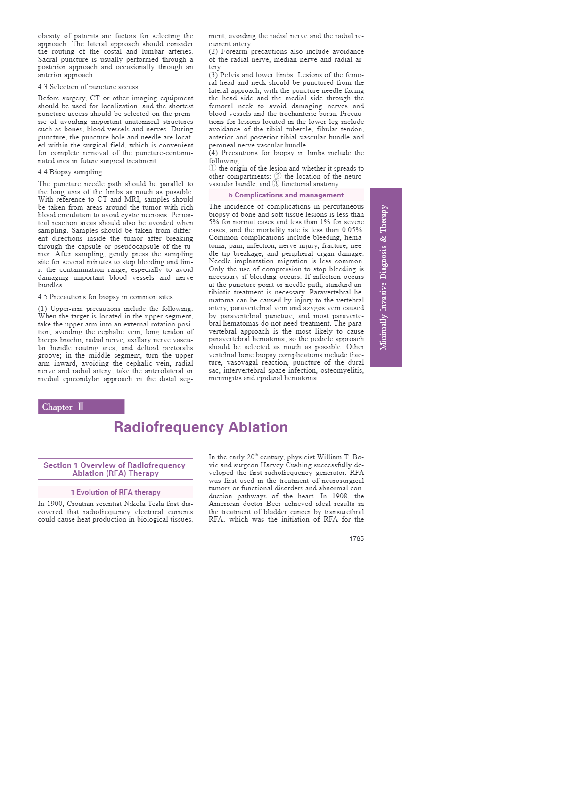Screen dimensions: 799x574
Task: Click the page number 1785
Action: [356, 538]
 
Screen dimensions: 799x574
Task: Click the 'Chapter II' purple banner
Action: [81, 407]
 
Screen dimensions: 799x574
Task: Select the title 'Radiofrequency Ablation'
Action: [201, 427]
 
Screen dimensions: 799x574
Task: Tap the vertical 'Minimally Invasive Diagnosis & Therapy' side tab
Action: [385, 277]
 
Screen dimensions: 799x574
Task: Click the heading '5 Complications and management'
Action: [286, 195]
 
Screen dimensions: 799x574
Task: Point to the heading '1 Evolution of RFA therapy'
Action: [115, 492]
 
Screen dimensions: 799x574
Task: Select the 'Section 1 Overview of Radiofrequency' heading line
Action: [115, 465]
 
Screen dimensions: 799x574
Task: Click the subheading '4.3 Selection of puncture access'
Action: [88, 87]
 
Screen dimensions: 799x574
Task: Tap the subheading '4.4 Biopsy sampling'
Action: [70, 172]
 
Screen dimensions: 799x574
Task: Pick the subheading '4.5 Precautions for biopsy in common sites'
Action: [105, 297]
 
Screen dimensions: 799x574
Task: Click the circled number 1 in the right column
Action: [213, 168]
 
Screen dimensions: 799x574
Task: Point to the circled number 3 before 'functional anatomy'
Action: [276, 184]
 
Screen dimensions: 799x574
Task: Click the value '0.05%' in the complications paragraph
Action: [353, 230]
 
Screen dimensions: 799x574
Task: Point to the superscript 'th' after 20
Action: [256, 455]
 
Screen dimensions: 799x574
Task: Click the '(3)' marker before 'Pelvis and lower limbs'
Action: [213, 75]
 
